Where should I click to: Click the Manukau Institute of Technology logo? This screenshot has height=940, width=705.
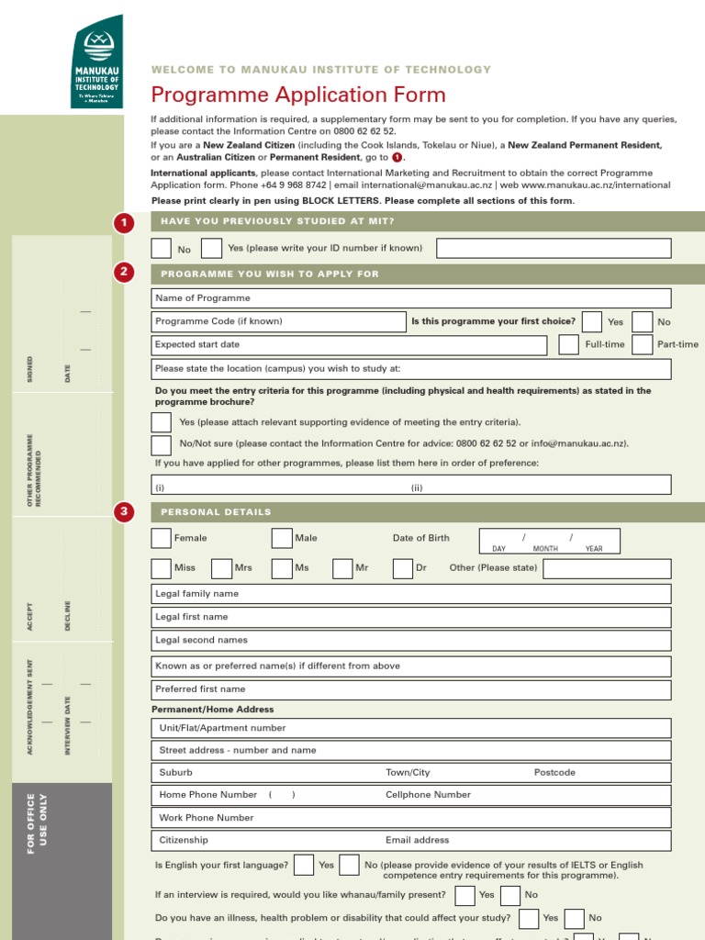[x=96, y=62]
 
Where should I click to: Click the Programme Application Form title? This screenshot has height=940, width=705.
[x=298, y=95]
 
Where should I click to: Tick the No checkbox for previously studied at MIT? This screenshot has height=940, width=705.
[x=162, y=248]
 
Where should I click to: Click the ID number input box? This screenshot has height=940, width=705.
[x=553, y=248]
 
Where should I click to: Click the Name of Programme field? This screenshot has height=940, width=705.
[x=411, y=298]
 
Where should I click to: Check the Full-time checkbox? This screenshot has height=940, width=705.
[x=568, y=344]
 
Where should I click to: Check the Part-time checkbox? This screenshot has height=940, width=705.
[x=642, y=344]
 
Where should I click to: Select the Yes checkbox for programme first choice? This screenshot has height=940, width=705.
[x=592, y=321]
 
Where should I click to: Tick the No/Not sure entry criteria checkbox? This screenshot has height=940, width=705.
[x=162, y=445]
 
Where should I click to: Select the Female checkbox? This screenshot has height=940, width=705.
[x=162, y=538]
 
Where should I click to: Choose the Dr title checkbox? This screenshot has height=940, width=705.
[x=402, y=568]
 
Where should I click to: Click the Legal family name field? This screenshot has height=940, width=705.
[x=411, y=594]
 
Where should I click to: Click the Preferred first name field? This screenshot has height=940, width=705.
[x=411, y=688]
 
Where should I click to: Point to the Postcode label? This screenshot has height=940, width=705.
[x=554, y=772]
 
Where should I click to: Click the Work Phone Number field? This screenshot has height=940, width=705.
[x=411, y=817]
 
